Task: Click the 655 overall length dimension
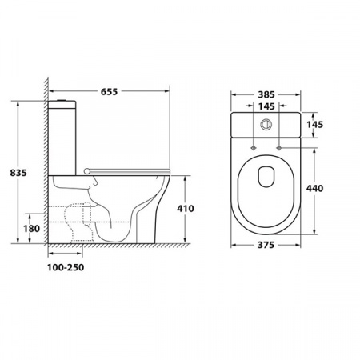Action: pyautogui.click(x=109, y=92)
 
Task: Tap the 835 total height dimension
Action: pyautogui.click(x=18, y=173)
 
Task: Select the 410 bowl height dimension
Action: pyautogui.click(x=186, y=209)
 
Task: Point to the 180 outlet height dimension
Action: pyautogui.click(x=31, y=229)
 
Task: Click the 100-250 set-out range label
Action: pyautogui.click(x=66, y=267)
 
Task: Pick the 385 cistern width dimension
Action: pyautogui.click(x=266, y=94)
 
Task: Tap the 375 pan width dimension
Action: pyautogui.click(x=266, y=245)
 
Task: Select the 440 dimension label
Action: pyautogui.click(x=314, y=189)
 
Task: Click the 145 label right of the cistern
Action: pyautogui.click(x=314, y=125)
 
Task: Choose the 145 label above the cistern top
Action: pyautogui.click(x=266, y=106)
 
